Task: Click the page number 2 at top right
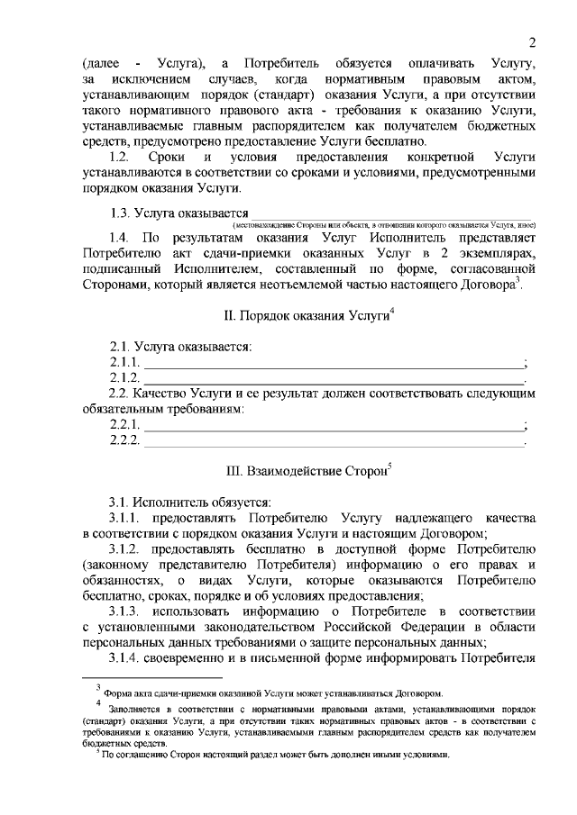(x=532, y=42)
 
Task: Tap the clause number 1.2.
(x=122, y=158)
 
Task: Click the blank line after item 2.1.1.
(x=334, y=364)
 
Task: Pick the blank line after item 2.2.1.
(x=334, y=427)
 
